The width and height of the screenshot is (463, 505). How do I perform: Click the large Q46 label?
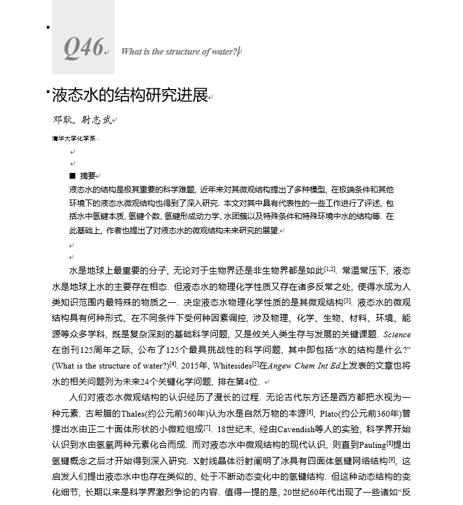83,47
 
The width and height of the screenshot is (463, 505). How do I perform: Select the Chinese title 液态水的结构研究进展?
129,96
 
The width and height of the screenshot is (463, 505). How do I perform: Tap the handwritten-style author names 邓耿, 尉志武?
82,120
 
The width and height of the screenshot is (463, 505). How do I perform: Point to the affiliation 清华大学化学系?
73,138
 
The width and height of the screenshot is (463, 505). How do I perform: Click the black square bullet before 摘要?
72,175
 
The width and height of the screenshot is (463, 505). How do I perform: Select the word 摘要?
88,175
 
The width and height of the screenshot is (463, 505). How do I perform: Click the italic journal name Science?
397,335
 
